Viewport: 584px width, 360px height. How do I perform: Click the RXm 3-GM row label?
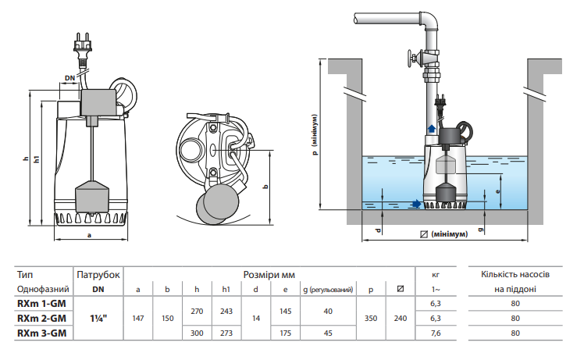(x=41, y=333)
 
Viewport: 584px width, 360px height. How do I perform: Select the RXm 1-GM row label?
(x=41, y=303)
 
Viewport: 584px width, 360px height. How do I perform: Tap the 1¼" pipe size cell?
(x=98, y=319)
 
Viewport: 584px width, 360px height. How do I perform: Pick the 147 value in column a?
(x=138, y=319)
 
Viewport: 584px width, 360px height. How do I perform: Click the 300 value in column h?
(x=197, y=333)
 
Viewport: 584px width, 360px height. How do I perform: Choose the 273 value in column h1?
(x=226, y=333)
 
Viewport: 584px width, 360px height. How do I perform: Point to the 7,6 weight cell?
(x=436, y=333)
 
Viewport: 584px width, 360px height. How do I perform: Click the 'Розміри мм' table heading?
(x=269, y=275)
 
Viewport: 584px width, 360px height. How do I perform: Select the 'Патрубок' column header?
(x=98, y=275)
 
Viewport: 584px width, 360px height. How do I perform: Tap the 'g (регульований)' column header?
(x=328, y=289)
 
